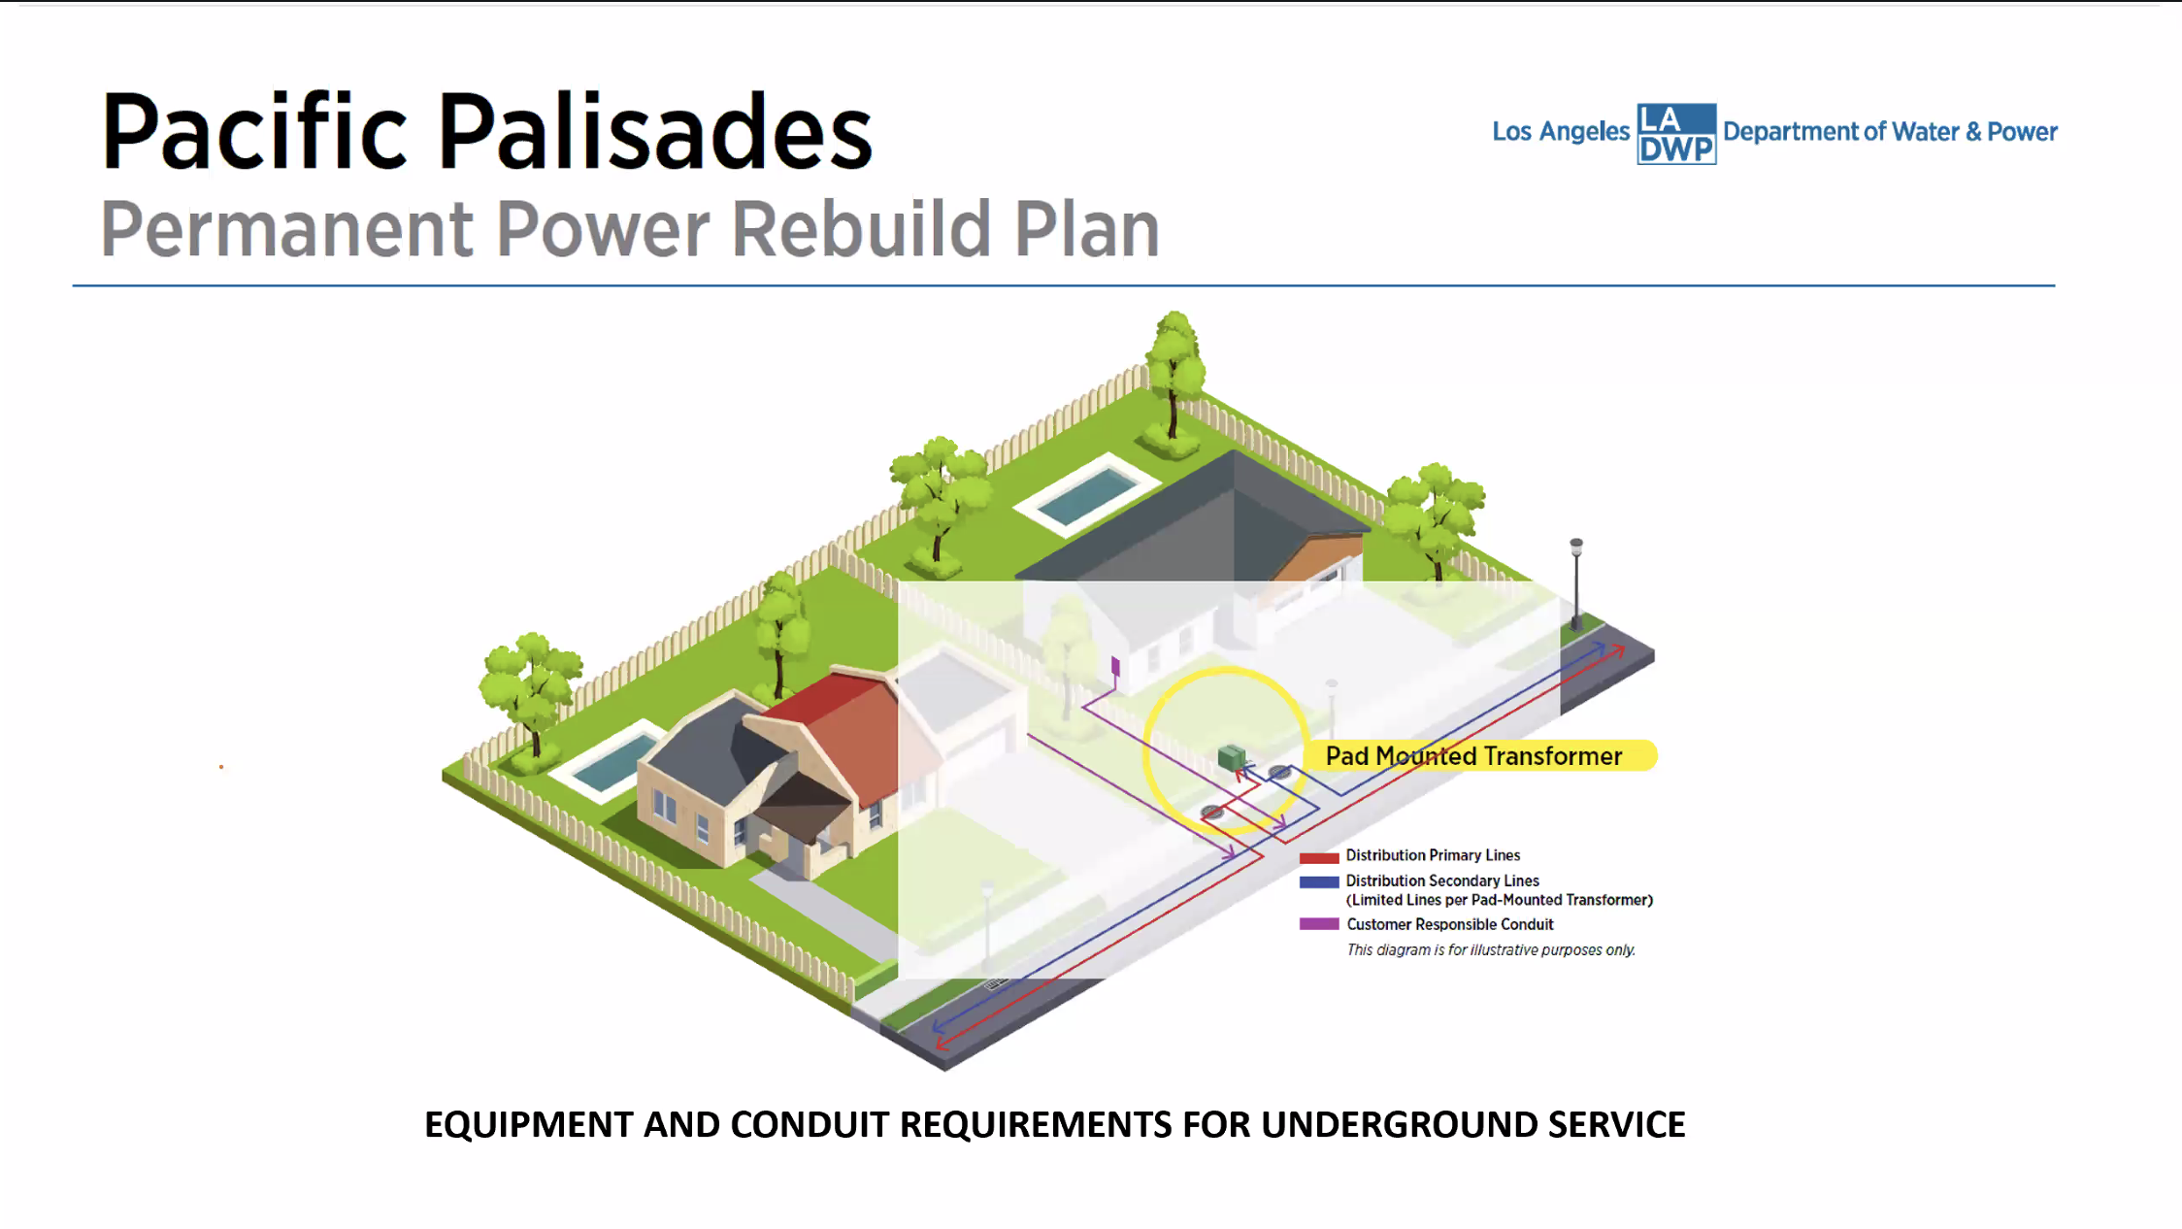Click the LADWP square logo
coord(1675,133)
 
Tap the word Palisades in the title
coord(655,133)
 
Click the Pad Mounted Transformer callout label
coord(1473,756)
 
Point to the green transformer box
coord(1231,757)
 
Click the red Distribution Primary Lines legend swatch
coord(1318,857)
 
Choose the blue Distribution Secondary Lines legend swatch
coord(1318,881)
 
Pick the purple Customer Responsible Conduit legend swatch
coord(1318,924)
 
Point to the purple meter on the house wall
coord(1115,666)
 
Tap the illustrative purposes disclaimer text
coord(1490,950)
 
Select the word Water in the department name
coord(1925,132)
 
